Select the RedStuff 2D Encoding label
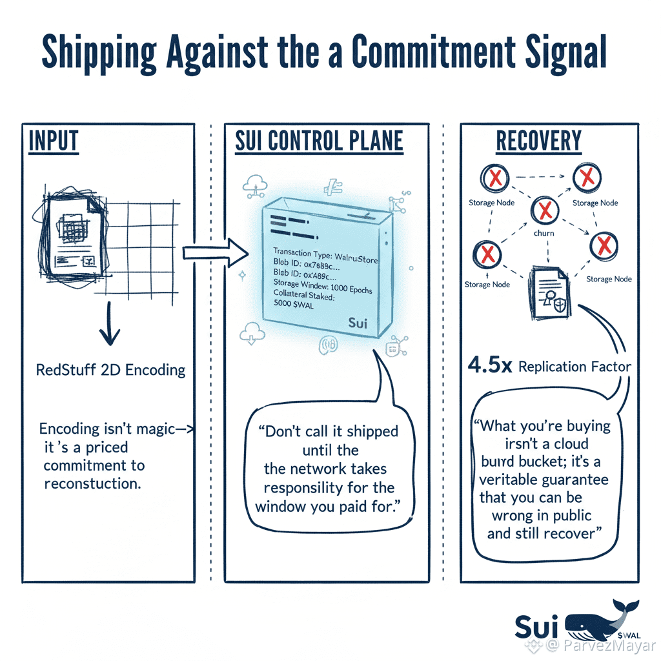110,370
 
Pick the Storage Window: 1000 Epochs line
323,286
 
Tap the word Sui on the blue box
357,323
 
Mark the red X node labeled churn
544,210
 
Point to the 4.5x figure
490,366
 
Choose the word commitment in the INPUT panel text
94,465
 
